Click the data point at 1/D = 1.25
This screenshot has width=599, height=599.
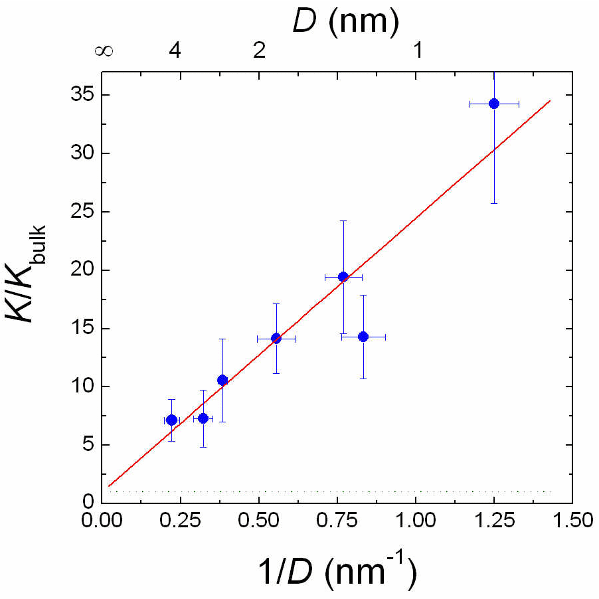pyautogui.click(x=493, y=104)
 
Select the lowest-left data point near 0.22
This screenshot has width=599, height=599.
pyautogui.click(x=171, y=420)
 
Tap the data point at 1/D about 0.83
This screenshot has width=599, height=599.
pyautogui.click(x=363, y=337)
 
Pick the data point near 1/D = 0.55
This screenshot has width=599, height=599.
pyautogui.click(x=276, y=338)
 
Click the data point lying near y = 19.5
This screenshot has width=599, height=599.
pyautogui.click(x=343, y=276)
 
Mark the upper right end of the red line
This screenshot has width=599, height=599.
pyautogui.click(x=551, y=100)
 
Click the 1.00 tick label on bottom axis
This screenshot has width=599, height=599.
pyautogui.click(x=416, y=519)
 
